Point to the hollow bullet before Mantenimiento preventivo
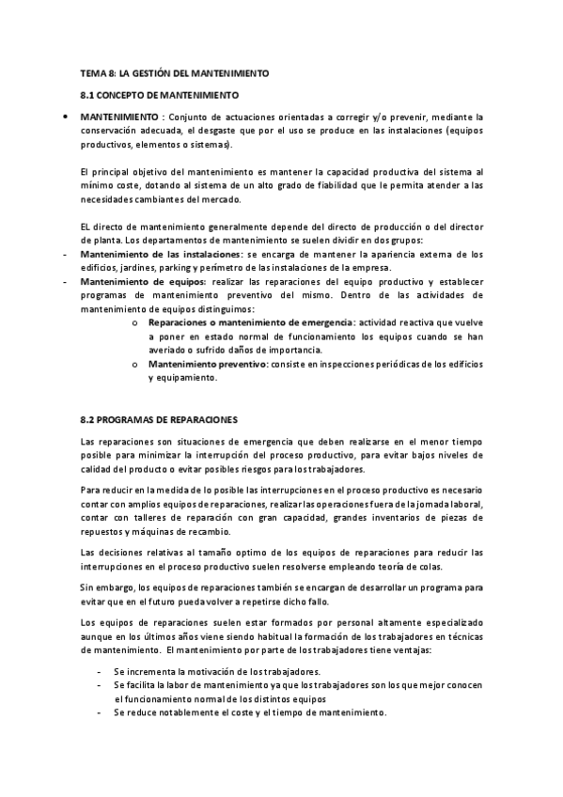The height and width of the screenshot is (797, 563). (136, 364)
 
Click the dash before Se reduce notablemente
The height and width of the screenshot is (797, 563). (100, 713)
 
